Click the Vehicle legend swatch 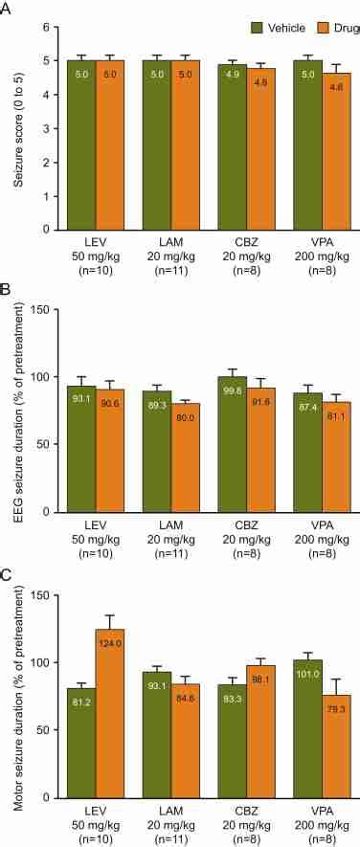257,28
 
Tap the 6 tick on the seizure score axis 45,28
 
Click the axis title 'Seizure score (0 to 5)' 16,129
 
